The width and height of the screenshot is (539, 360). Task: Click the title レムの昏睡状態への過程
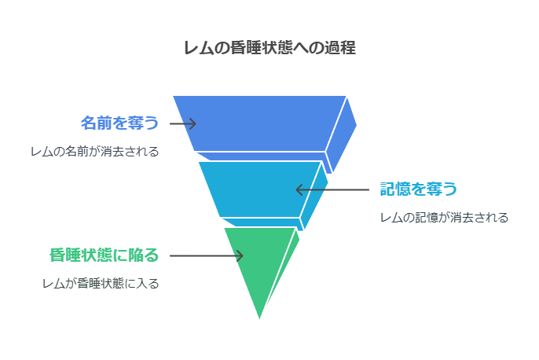point(269,47)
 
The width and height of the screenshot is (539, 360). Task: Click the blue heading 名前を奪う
point(119,123)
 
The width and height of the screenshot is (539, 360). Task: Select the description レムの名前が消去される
point(95,151)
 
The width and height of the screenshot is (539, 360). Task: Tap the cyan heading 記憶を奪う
point(418,189)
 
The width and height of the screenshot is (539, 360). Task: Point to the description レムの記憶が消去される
point(444,217)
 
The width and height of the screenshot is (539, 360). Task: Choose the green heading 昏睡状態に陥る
point(104,255)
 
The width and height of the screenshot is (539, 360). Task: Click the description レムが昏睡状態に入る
point(101,284)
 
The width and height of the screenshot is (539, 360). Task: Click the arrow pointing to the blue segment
point(183,123)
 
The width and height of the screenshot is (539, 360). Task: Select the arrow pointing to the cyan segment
point(332,189)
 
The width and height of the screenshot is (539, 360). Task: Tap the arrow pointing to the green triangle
point(206,255)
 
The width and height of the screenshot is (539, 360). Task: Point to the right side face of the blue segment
point(341,136)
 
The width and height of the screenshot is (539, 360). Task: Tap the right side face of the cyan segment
point(314,196)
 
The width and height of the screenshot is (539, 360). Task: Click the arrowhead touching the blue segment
point(192,123)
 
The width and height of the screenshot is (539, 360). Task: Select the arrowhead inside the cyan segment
point(300,189)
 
